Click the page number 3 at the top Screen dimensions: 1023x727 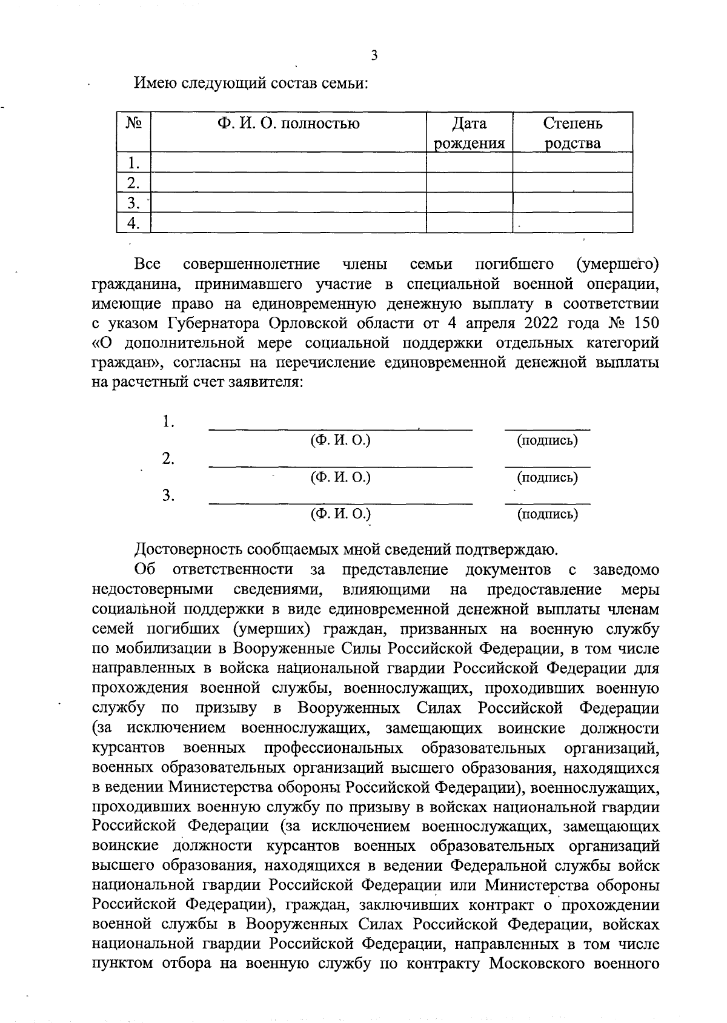point(374,56)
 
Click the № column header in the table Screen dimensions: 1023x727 point(133,124)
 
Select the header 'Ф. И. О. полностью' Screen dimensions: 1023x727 point(288,124)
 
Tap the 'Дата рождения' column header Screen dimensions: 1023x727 point(470,133)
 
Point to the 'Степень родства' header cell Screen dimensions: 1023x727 point(573,133)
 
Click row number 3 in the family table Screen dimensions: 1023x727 point(133,202)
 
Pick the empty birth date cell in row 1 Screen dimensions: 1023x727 point(470,162)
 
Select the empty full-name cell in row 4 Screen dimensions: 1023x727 point(288,223)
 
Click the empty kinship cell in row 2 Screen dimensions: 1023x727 point(573,182)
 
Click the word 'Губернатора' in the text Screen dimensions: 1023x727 point(205,323)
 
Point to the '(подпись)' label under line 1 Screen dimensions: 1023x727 point(547,440)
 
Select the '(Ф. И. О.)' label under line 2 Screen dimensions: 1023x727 point(340,477)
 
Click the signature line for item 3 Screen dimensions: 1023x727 point(547,502)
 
